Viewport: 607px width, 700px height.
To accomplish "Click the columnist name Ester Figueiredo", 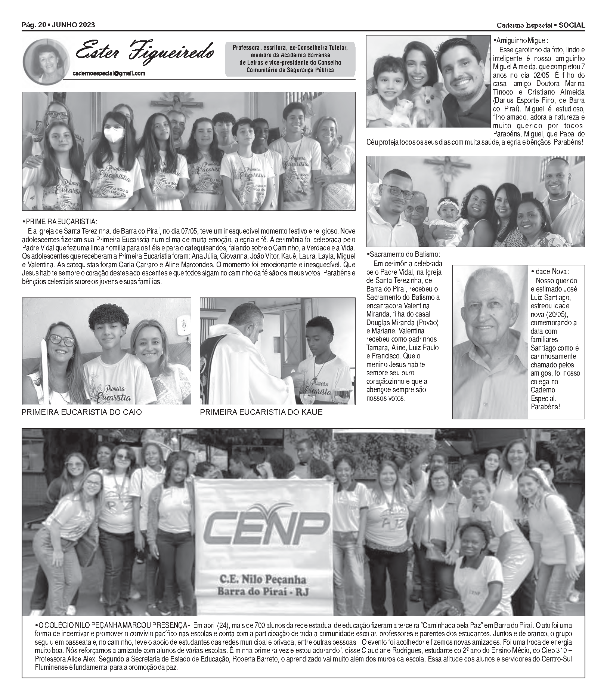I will [145, 52].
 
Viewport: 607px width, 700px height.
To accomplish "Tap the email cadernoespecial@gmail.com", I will [109, 74].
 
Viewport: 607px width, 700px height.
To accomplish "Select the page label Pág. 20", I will [34, 25].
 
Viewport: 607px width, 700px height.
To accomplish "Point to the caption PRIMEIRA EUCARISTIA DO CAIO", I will [82, 412].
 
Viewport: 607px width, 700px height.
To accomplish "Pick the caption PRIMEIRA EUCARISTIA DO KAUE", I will [261, 412].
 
